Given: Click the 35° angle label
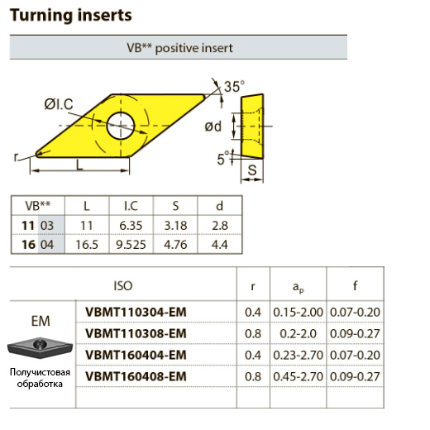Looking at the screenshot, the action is tap(234, 87).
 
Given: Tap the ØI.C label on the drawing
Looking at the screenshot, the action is tap(59, 104).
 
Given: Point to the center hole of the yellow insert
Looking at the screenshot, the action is tap(121, 126).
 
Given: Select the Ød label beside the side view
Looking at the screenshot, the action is tap(213, 127).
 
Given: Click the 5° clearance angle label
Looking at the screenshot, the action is tap(223, 158).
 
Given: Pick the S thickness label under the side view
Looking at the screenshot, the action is tap(252, 170).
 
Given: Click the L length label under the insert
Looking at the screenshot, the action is tap(79, 165).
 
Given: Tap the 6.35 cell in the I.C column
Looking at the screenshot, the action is tap(131, 226).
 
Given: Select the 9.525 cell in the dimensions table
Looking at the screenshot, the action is tap(131, 245).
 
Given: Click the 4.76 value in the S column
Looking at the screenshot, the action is tap(175, 245).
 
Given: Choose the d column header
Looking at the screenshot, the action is tap(219, 206).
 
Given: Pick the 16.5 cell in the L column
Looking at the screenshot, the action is tap(87, 245).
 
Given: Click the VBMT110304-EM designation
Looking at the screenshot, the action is tap(136, 312).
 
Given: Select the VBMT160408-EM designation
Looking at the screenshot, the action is tap(136, 376).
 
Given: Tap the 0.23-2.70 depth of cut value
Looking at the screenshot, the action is tap(298, 355).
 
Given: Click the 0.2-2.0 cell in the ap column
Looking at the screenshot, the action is tap(298, 334).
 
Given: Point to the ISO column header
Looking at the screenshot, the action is tap(123, 286).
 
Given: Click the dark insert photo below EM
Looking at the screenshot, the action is tap(40, 347).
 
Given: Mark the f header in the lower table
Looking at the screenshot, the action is tap(356, 285).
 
